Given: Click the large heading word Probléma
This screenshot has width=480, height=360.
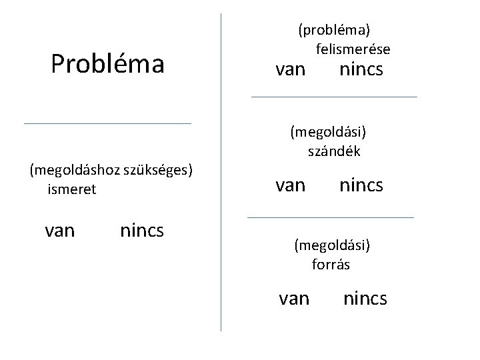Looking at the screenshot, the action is pyautogui.click(x=107, y=64).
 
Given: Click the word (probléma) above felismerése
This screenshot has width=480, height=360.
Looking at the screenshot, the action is pyautogui.click(x=334, y=29).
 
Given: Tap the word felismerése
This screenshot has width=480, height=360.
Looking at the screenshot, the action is pyautogui.click(x=353, y=49).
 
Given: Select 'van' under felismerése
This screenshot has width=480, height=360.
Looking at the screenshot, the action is pyautogui.click(x=291, y=69).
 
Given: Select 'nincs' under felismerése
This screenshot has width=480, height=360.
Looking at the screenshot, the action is pyautogui.click(x=361, y=69).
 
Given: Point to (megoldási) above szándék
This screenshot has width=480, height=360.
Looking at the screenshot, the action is pyautogui.click(x=328, y=131).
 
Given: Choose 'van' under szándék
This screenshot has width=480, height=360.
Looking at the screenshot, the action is pyautogui.click(x=291, y=185).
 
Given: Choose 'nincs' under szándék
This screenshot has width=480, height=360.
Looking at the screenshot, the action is pyautogui.click(x=361, y=185).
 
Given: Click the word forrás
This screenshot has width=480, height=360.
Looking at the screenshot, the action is pyautogui.click(x=331, y=264).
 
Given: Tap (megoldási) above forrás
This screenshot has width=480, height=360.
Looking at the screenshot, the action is pyautogui.click(x=332, y=245).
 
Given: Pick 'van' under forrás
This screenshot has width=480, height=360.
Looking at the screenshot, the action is pyautogui.click(x=294, y=298).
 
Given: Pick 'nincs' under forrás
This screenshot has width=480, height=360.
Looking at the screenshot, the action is pyautogui.click(x=365, y=298).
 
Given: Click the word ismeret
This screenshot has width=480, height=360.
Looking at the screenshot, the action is pyautogui.click(x=72, y=189).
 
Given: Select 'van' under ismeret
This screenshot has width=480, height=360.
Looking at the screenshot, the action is pyautogui.click(x=59, y=231).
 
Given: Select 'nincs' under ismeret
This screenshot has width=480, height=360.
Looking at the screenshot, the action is pyautogui.click(x=142, y=231).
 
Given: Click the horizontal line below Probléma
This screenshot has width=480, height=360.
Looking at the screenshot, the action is pyautogui.click(x=107, y=123).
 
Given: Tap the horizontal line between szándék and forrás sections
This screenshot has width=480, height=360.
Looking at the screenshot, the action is pyautogui.click(x=330, y=217).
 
